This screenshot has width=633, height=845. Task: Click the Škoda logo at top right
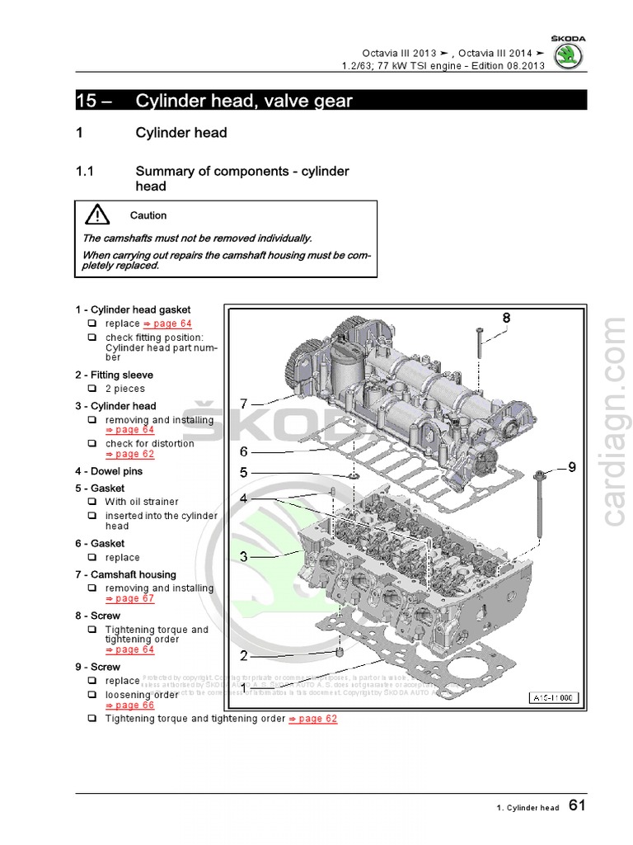pos(568,55)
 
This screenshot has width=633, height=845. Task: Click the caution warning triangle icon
pos(97,215)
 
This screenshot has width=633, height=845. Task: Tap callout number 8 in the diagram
pos(506,318)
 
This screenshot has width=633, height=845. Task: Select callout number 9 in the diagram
pos(572,467)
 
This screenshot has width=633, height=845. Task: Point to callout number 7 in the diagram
pos(244,404)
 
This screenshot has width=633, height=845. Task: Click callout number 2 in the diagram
pos(244,656)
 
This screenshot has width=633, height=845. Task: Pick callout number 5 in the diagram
pos(244,473)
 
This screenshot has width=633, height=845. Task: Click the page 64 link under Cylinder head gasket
pos(167,323)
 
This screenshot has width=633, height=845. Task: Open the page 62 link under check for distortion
pos(129,454)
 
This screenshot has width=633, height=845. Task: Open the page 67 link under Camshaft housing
pos(129,598)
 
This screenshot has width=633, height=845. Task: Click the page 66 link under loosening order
pos(129,705)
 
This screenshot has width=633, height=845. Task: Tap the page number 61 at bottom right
pos(577,806)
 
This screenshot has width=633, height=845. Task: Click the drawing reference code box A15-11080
pos(554,698)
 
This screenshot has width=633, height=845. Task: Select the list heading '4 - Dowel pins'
pos(109,471)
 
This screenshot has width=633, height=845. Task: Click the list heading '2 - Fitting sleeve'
pos(114,375)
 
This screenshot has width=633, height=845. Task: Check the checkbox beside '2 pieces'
pos(92,389)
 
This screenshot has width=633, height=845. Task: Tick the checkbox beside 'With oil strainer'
pos(92,502)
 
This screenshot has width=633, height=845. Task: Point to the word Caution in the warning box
pos(148,215)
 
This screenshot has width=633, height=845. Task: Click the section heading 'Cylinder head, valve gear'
pos(244,101)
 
